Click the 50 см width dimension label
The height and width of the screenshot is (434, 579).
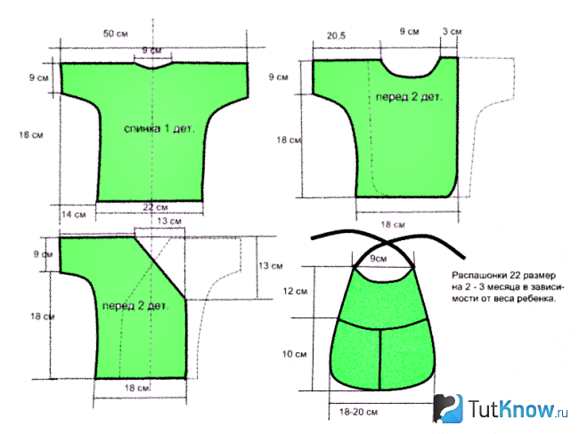116,34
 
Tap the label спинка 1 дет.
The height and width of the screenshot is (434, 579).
159,129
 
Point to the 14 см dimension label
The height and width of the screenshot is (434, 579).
74,214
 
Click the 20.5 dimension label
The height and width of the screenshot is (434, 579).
336,36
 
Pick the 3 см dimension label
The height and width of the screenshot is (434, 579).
452,31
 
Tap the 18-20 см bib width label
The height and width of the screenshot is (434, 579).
359,412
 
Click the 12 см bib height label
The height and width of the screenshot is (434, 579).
295,292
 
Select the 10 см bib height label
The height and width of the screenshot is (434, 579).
294,354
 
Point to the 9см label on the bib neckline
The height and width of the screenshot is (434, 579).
379,259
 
